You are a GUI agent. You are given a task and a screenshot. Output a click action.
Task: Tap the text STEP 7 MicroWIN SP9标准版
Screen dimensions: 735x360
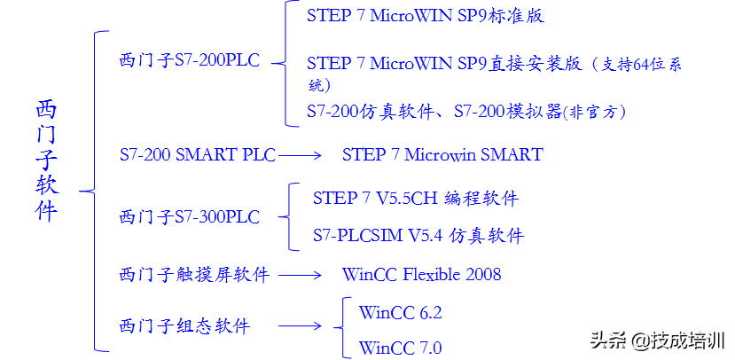click(425, 16)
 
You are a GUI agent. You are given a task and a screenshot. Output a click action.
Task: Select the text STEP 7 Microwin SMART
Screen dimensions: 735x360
click(442, 155)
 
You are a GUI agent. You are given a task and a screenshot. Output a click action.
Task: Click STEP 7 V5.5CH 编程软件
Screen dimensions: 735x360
click(415, 199)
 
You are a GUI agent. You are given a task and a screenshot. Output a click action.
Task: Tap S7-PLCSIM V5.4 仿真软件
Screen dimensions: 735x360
click(418, 236)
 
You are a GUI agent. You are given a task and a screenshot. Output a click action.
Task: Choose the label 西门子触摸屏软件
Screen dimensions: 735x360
click(193, 275)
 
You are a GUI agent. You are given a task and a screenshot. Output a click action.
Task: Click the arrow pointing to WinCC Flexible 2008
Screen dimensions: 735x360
click(304, 275)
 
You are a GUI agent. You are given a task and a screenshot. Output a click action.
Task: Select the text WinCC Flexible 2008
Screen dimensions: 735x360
click(421, 275)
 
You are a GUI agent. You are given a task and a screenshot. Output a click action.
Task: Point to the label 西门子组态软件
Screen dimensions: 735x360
click(184, 326)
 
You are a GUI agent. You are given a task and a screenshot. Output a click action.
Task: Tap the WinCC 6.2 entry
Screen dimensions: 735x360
click(400, 312)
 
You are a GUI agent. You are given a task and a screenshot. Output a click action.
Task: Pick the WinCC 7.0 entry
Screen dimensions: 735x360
click(400, 347)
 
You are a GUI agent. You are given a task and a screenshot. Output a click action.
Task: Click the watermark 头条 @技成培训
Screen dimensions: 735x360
click(657, 340)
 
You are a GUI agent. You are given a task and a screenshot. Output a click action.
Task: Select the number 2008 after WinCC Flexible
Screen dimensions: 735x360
click(481, 275)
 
